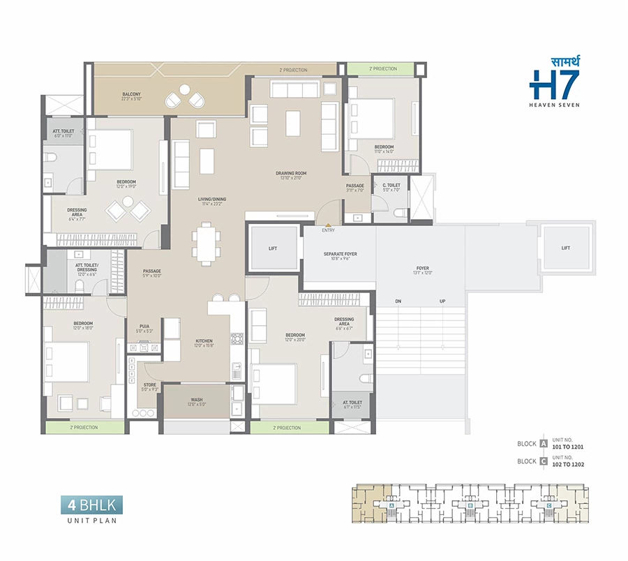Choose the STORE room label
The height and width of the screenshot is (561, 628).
click(150, 385)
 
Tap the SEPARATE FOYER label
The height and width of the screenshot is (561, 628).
click(340, 256)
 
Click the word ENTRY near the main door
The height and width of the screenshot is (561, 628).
click(328, 230)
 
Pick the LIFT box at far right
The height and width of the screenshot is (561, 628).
click(565, 248)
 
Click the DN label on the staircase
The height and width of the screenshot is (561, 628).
click(399, 302)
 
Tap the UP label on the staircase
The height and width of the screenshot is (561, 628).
click(442, 302)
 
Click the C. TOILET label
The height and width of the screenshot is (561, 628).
click(391, 187)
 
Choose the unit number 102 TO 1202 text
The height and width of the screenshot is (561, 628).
click(567, 464)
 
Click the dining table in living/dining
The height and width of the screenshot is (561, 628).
click(207, 243)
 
